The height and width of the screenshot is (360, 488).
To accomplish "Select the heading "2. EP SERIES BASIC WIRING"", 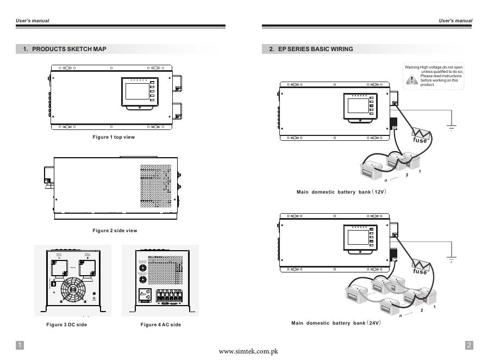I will [311, 49].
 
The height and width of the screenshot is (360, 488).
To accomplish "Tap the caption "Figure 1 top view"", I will [114, 137].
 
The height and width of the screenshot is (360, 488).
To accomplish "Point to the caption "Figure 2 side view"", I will [115, 231].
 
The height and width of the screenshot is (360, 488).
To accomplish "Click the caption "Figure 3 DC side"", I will [66, 325].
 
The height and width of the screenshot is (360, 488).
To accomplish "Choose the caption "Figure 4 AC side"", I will [161, 325].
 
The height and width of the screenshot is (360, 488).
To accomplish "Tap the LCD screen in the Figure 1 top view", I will [136, 91].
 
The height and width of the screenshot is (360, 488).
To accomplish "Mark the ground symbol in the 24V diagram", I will [451, 259].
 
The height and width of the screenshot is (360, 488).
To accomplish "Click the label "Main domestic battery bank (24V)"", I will [336, 323].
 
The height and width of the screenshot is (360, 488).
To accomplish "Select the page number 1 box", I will [20, 345].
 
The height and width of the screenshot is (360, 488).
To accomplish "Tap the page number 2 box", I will [469, 345].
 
